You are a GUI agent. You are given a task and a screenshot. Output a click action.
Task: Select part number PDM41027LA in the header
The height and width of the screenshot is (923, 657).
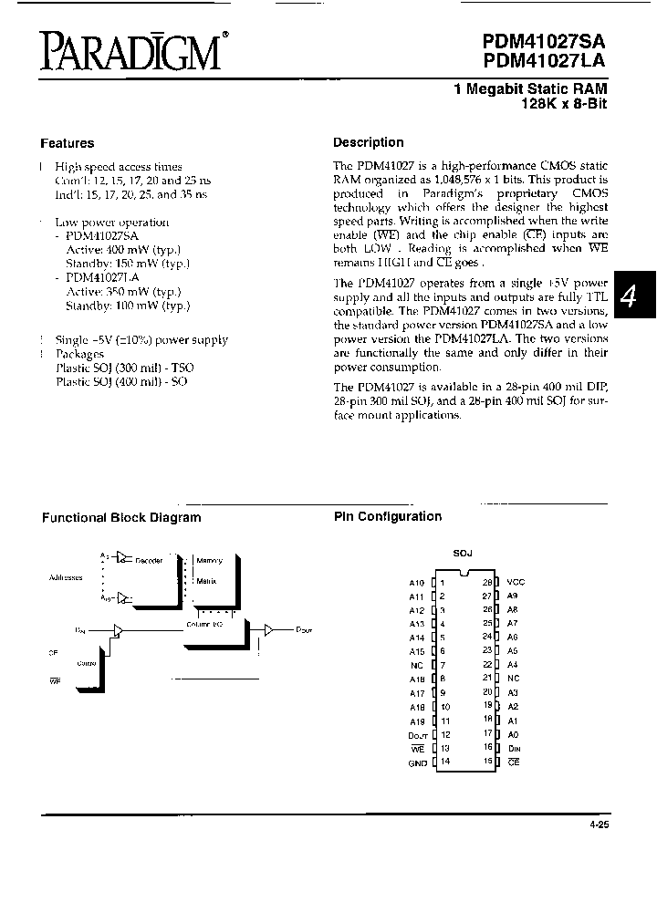545,61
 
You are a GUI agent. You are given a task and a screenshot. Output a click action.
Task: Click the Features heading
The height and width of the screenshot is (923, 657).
67,143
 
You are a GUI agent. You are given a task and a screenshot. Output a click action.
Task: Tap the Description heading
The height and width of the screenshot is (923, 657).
368,142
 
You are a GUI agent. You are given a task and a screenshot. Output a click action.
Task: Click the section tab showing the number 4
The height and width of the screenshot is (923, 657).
633,295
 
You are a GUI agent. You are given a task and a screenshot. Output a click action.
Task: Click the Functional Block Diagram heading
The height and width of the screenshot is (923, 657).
121,518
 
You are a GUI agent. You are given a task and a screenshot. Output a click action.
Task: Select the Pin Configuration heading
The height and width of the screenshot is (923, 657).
387,517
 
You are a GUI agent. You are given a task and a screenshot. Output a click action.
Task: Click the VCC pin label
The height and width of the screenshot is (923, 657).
516,582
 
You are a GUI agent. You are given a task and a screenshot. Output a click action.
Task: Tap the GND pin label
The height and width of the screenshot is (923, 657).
417,762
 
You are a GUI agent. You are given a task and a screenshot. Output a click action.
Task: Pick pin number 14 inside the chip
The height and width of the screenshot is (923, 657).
444,762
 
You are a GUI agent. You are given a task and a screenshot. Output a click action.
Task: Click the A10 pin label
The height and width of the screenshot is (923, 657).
417,582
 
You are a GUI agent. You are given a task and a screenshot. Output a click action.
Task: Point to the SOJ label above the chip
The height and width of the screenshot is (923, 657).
464,554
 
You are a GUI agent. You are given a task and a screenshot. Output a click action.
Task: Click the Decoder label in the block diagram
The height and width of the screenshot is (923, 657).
149,560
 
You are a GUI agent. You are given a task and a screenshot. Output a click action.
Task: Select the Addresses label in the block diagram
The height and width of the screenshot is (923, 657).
65,577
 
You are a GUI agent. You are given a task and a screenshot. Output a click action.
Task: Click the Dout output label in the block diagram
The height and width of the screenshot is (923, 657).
304,630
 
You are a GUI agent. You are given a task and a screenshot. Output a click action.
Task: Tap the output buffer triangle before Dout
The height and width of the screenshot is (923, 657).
268,629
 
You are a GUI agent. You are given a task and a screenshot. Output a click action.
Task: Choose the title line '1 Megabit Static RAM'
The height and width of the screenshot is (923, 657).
530,88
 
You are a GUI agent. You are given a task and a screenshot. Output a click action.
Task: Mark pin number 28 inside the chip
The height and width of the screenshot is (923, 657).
487,582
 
